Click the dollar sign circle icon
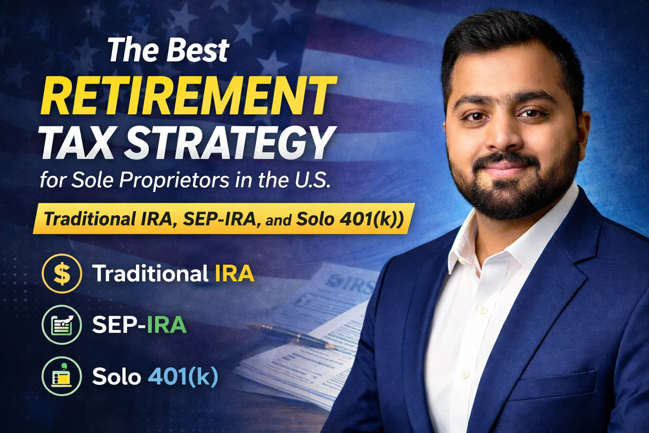(x=62, y=273)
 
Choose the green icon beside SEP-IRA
(x=62, y=324)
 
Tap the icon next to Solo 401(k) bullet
(x=62, y=376)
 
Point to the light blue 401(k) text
(x=183, y=376)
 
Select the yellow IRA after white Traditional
(x=235, y=273)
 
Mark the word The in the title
(x=132, y=50)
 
